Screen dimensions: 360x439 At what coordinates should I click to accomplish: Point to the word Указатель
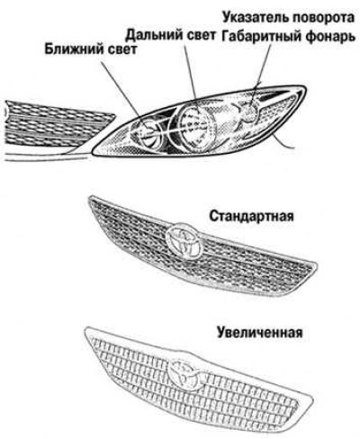pos(256,17)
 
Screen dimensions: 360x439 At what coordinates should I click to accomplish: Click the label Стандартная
pos(251,216)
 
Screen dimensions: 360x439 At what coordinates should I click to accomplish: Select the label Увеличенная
pos(260,333)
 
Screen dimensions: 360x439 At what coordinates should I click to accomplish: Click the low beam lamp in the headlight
pos(146,133)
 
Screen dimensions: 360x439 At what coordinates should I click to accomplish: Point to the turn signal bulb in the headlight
pos(249,112)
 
